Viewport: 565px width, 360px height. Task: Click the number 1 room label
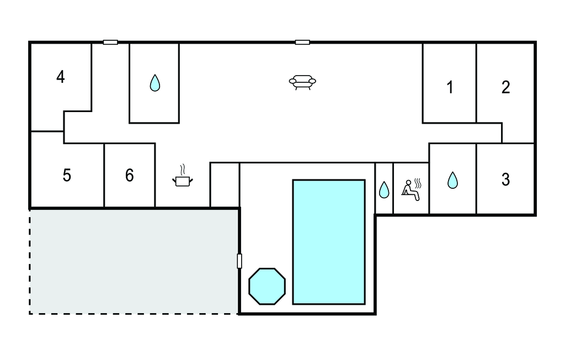(450, 87)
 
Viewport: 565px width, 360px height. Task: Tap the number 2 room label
(505, 87)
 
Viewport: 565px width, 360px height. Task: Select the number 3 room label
(505, 179)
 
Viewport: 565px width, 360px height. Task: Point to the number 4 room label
(61, 77)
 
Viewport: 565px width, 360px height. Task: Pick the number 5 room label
(67, 176)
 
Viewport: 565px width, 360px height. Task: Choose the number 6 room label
(129, 176)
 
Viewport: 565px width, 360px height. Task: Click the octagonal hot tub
(267, 287)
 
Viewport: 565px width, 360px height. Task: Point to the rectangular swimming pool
(329, 242)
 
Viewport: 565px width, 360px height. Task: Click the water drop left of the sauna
(384, 190)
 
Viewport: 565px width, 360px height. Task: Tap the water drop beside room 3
(452, 180)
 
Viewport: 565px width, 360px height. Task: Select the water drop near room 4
(155, 83)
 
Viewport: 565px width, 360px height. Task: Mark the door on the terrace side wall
(239, 261)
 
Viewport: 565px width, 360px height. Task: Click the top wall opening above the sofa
(302, 43)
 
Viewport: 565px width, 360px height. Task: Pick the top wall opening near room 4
(110, 43)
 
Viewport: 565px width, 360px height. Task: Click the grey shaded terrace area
(134, 262)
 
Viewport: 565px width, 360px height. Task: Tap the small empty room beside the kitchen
(225, 185)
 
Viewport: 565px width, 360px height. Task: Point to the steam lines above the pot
(183, 170)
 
